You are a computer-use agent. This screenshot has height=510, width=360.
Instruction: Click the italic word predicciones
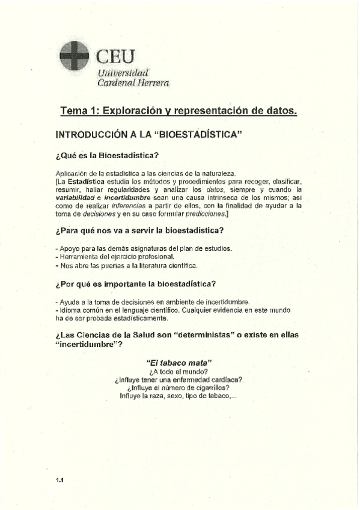[204, 213]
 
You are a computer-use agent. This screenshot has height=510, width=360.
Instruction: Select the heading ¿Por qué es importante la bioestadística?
[135, 284]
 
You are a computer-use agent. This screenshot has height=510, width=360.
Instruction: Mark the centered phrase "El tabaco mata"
[177, 363]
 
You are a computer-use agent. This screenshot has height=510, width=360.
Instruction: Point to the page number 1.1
[59, 480]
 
